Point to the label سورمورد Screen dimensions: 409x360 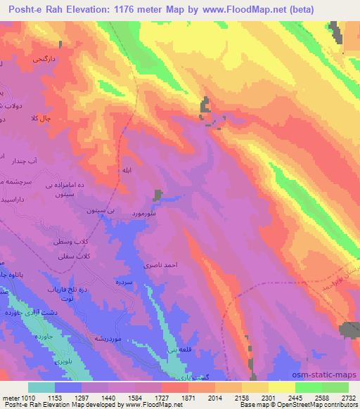tap(144, 212)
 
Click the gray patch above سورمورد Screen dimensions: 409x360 tap(158, 195)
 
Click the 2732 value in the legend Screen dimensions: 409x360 tap(348, 397)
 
